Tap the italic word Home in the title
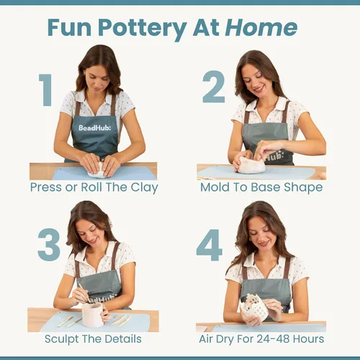click(261, 27)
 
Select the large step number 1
click(45, 90)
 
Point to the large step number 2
click(214, 86)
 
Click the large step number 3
click(49, 244)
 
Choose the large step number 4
click(210, 245)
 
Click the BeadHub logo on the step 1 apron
click(95, 127)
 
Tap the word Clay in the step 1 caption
click(145, 188)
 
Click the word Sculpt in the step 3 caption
click(62, 340)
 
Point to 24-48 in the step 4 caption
click(270, 339)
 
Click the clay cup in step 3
click(93, 315)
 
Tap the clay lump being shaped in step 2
click(251, 165)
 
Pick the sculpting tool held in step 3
click(84, 293)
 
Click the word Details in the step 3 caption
click(123, 339)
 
